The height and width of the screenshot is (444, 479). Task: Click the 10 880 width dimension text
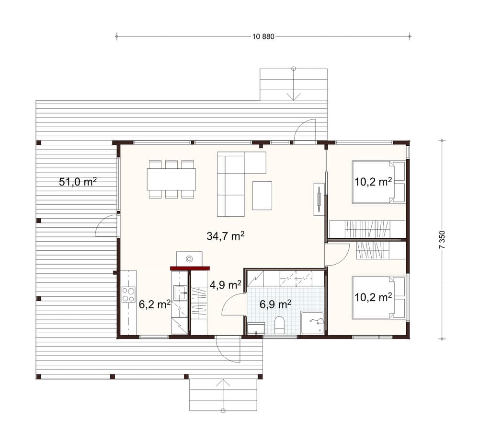(x=263, y=37)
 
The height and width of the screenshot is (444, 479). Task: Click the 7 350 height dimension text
(x=442, y=240)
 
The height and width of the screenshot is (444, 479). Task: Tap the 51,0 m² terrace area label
(x=78, y=182)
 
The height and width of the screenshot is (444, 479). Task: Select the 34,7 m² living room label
(x=226, y=236)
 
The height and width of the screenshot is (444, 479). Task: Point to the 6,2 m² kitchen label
(x=155, y=304)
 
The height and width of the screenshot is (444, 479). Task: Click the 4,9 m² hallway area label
(x=226, y=285)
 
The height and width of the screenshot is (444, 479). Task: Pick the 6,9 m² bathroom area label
(x=275, y=304)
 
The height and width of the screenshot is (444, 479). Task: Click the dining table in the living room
(x=171, y=179)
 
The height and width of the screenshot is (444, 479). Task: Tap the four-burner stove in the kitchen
(x=128, y=294)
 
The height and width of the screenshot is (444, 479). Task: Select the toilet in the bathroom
(x=280, y=325)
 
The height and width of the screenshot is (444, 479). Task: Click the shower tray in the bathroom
(x=312, y=323)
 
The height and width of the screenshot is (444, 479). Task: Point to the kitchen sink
(x=180, y=293)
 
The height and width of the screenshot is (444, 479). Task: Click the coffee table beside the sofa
(x=262, y=196)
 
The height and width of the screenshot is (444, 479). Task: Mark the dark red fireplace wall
(x=190, y=268)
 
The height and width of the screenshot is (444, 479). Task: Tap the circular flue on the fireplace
(x=189, y=259)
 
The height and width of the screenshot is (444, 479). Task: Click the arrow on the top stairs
(x=294, y=84)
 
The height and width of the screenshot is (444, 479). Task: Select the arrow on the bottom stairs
(x=223, y=396)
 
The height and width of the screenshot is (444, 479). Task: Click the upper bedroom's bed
(x=378, y=182)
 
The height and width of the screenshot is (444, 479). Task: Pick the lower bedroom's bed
(x=378, y=298)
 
